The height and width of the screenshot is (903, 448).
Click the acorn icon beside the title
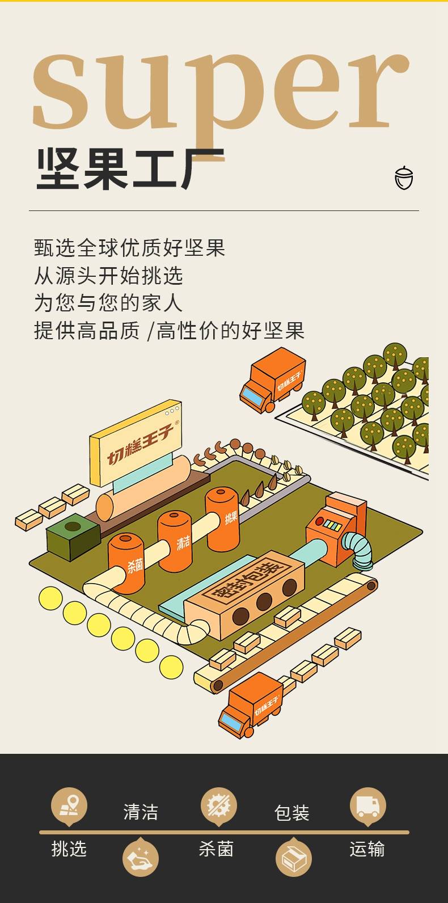click(x=404, y=178)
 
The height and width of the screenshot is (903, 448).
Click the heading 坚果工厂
click(x=130, y=168)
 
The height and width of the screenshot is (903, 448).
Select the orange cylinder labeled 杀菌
click(x=126, y=563)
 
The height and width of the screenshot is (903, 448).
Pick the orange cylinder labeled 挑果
click(x=222, y=518)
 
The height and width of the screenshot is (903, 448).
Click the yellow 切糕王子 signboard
click(x=136, y=442)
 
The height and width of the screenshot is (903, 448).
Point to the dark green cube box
click(x=73, y=537)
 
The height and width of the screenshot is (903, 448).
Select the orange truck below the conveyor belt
click(x=251, y=705)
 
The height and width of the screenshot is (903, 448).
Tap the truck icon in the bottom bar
click(x=368, y=806)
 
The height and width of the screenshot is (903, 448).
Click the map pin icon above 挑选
click(x=69, y=806)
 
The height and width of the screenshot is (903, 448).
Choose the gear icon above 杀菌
click(x=219, y=806)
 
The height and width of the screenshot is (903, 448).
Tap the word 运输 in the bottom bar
click(x=367, y=849)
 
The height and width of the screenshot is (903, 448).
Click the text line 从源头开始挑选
click(x=108, y=276)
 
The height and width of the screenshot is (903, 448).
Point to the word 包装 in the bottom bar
click(x=291, y=813)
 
